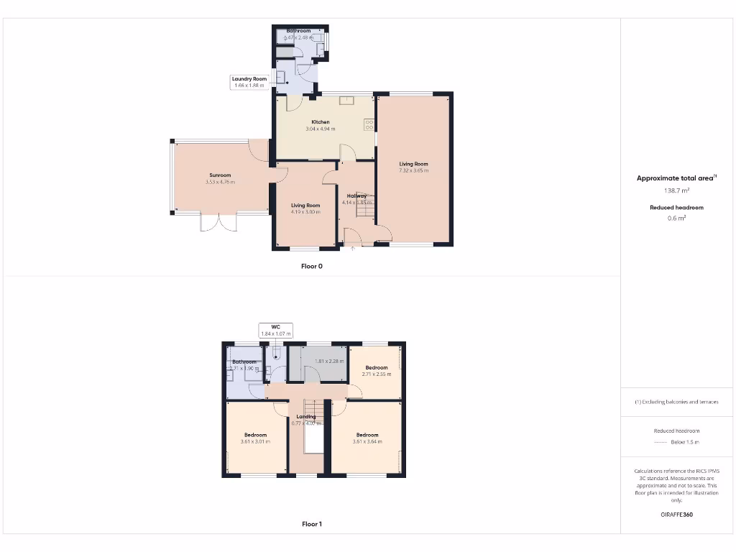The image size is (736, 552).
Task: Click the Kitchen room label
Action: [321, 122]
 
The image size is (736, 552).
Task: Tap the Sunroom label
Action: [220, 175]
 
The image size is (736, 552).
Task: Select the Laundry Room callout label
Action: [249, 79]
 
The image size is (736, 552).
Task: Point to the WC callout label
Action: [275, 327]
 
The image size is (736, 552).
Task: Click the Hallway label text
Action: [357, 195]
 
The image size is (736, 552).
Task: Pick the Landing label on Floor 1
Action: [306, 417]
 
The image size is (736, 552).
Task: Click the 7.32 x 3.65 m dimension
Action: [414, 171]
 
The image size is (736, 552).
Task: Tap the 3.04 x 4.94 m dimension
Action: [321, 129]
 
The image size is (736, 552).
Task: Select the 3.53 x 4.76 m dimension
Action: [220, 183]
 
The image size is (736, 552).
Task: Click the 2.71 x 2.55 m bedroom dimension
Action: [377, 374]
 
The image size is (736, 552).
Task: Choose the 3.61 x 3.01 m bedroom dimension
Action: [255, 442]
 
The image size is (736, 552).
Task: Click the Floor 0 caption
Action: [312, 266]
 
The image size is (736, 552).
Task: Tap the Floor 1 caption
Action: [312, 524]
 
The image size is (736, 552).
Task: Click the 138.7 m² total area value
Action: [676, 191]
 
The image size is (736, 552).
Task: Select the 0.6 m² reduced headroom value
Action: [676, 218]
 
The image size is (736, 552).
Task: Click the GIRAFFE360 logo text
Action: [676, 515]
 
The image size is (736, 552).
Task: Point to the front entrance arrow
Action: [353, 249]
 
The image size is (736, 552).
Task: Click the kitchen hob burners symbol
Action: [369, 124]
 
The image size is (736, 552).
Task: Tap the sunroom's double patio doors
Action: [218, 222]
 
